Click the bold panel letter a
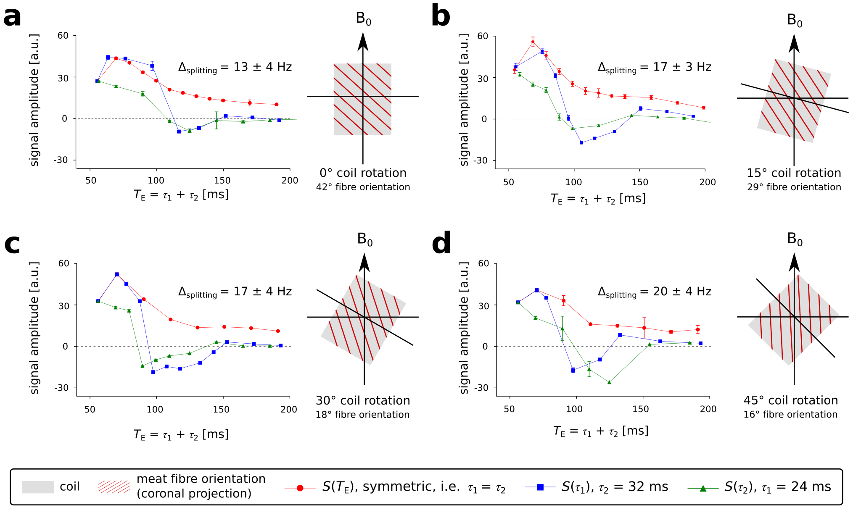pos(12,18)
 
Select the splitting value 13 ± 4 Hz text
pos(235,67)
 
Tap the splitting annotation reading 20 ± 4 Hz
pos(655,292)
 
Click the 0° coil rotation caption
pos(363,173)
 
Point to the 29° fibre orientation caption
pos(794,187)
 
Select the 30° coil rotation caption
pos(363,401)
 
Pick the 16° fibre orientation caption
pos(790,415)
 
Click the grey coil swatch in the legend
pos(38,487)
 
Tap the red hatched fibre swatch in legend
pos(114,487)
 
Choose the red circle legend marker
pos(300,488)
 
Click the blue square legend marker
pos(540,487)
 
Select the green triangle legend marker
pos(702,488)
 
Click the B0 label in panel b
pos(794,20)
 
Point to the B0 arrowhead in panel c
pos(364,263)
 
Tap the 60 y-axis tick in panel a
pos(63,36)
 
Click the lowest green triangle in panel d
pos(609,382)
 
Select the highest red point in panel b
pos(533,42)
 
